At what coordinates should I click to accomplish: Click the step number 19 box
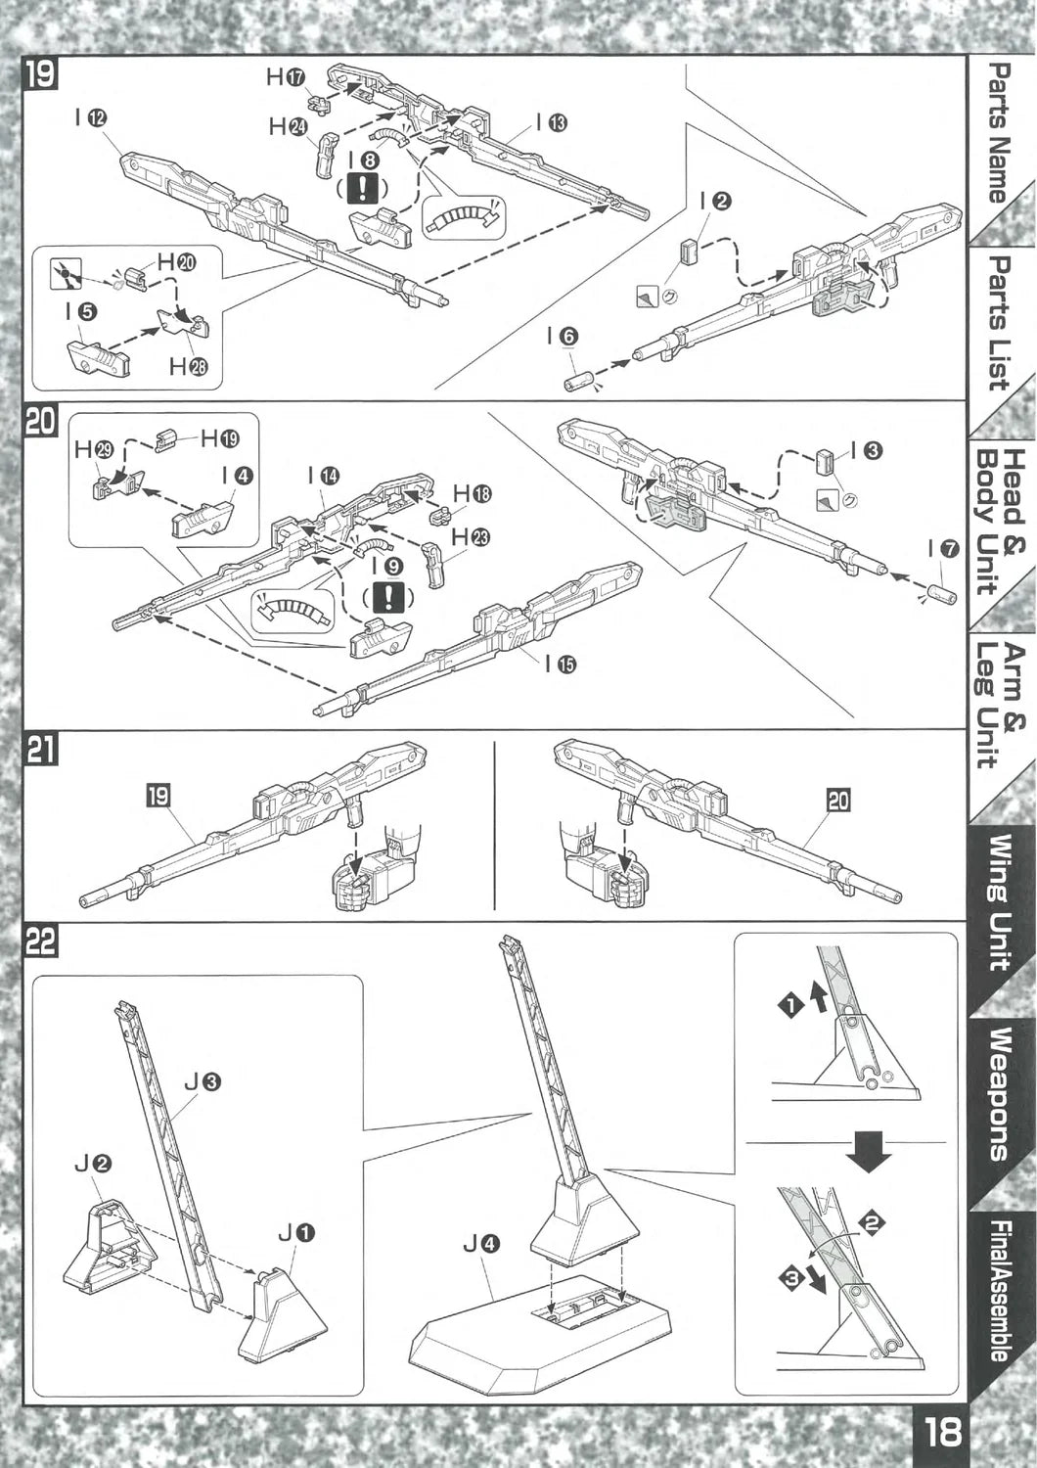[x=41, y=74]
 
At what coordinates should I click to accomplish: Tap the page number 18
[x=941, y=1434]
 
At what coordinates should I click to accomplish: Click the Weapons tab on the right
[x=998, y=1094]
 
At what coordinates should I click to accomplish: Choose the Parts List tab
[x=998, y=323]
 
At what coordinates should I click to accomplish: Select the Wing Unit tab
[x=998, y=900]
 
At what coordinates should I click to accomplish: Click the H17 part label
[x=287, y=77]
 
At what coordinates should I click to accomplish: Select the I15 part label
[x=561, y=665]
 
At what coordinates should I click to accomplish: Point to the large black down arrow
[x=869, y=1150]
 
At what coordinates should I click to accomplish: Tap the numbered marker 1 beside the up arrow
[x=789, y=1004]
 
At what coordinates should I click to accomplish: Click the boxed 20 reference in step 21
[x=838, y=801]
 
